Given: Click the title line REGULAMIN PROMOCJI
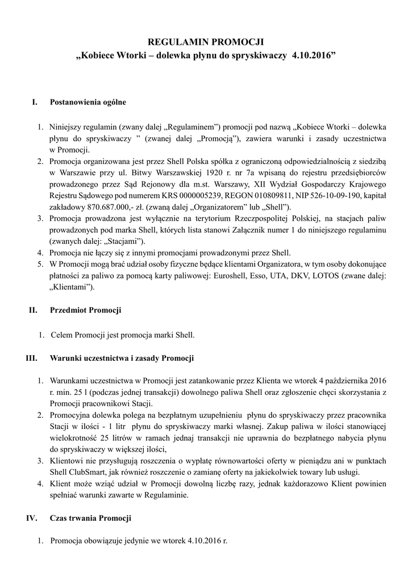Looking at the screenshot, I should (206, 42).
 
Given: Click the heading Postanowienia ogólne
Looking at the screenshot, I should (88, 103).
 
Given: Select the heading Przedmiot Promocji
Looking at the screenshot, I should (85, 310).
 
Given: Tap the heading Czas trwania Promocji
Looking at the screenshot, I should (91, 518).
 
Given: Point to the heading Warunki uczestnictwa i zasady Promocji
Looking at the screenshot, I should (122, 358).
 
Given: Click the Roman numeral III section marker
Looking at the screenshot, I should (32, 358).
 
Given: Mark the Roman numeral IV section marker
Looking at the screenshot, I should (32, 518).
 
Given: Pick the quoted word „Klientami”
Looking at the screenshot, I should (72, 287).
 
